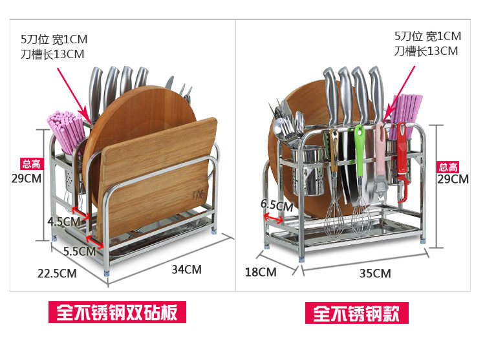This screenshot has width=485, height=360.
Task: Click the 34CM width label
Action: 186,269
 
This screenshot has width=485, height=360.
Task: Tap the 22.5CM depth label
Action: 57,273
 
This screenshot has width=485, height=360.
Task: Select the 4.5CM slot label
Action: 63,222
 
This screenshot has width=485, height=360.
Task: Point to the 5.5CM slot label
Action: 80,251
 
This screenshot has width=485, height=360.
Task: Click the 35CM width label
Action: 375,273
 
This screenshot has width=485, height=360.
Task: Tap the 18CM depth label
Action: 261,272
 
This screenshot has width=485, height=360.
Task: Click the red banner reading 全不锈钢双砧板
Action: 117,312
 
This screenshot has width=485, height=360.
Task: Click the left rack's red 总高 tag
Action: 31,164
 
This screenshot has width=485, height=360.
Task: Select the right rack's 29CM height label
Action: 453,179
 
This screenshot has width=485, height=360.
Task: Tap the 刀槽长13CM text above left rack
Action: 52,54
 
